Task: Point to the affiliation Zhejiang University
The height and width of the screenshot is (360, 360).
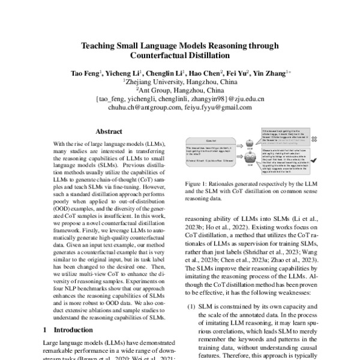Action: pyautogui.click(x=158, y=82)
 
